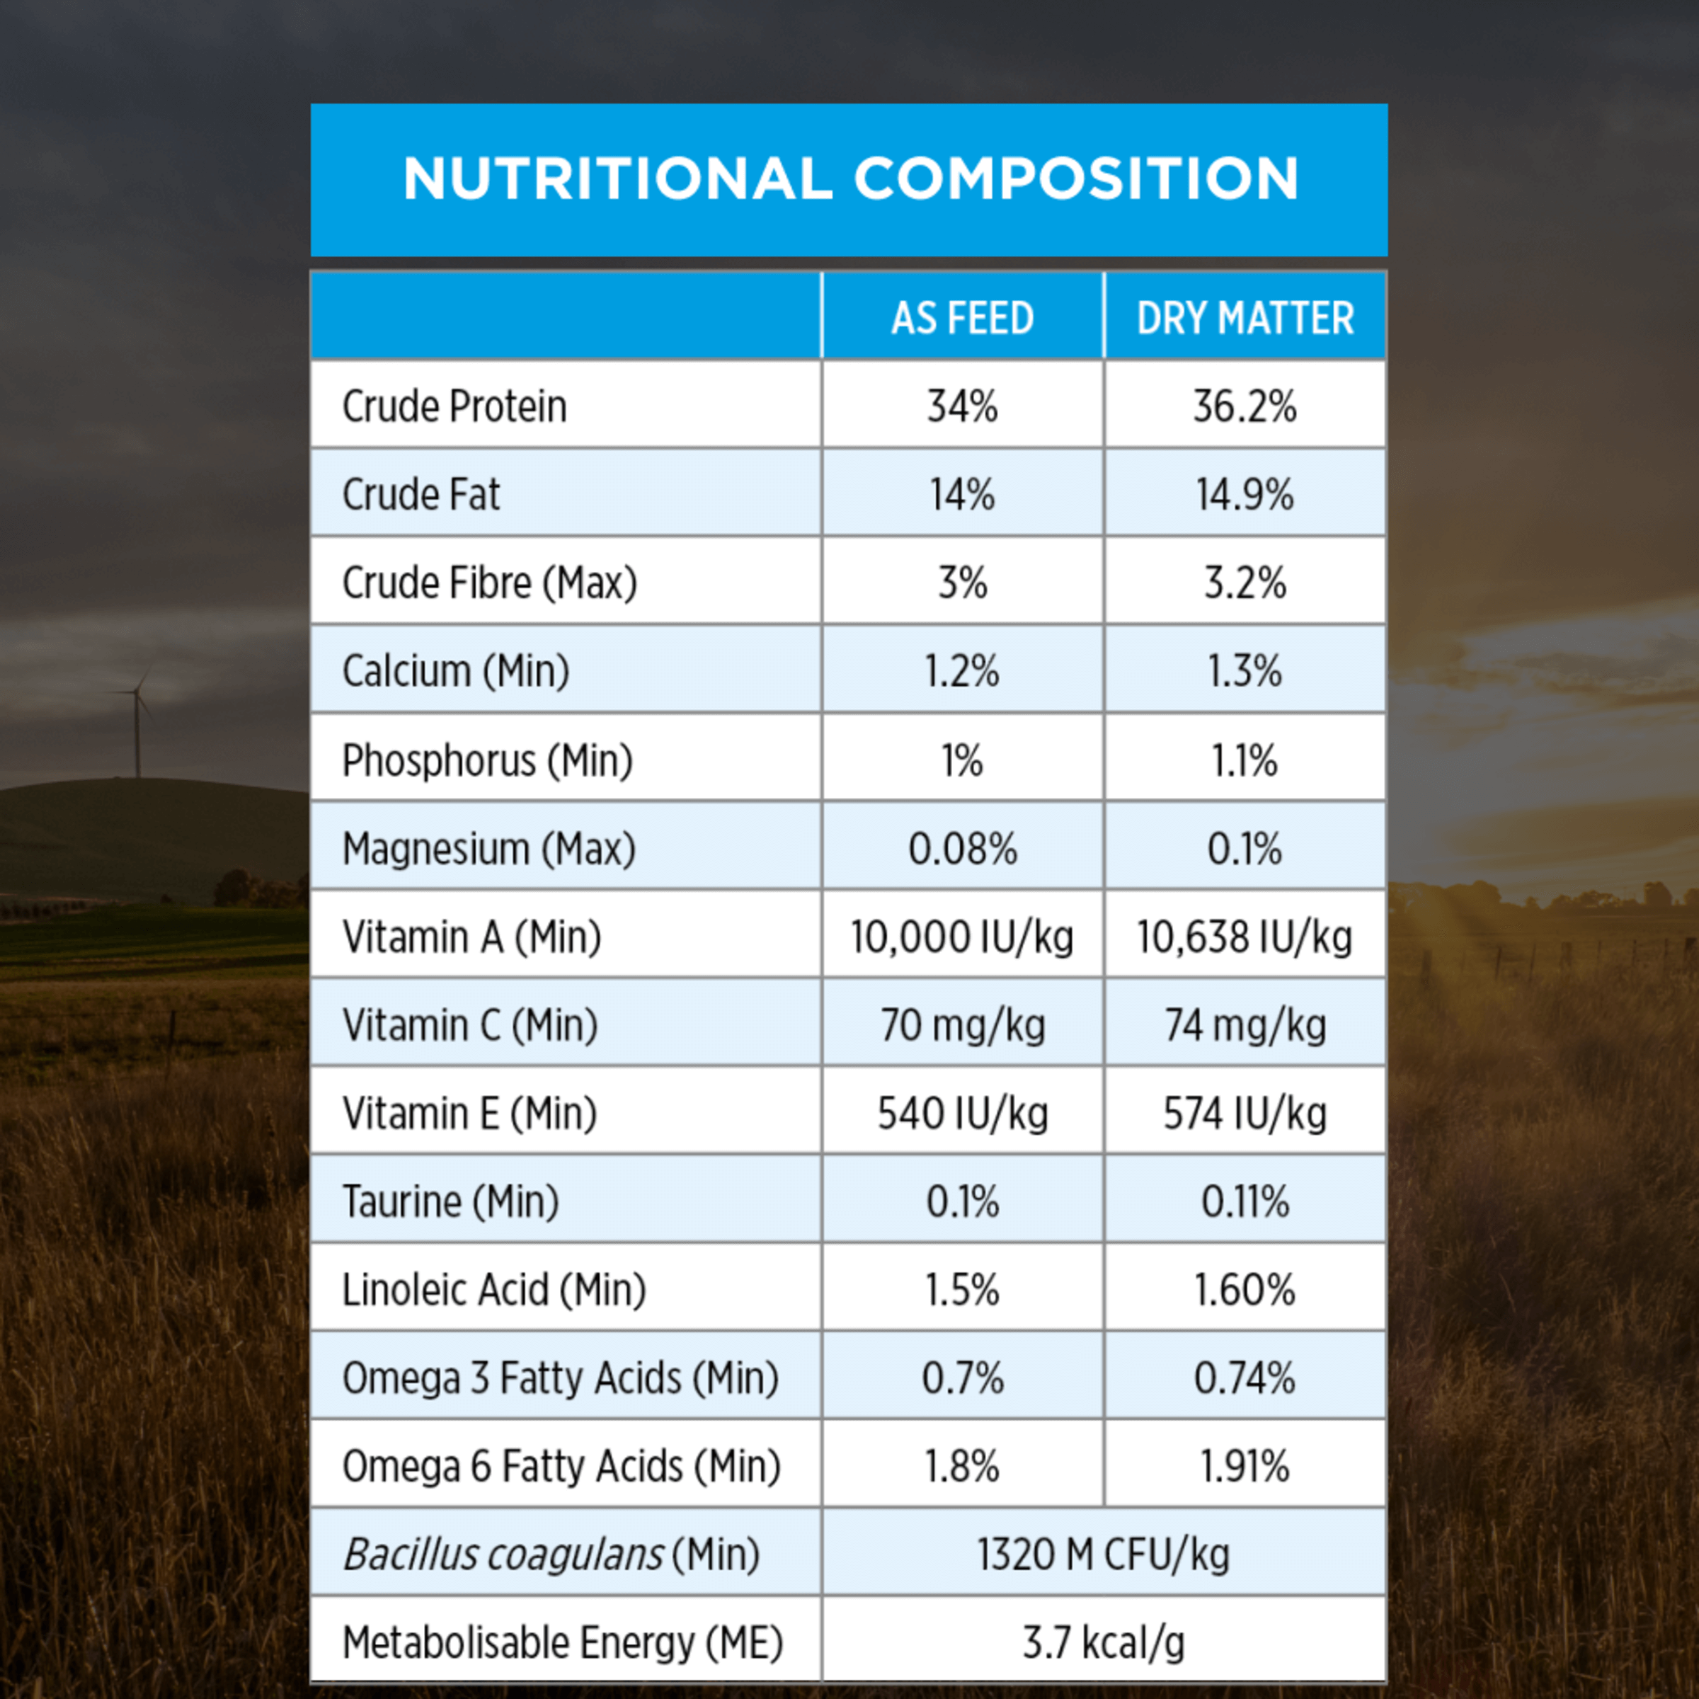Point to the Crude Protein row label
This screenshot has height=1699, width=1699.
point(454,406)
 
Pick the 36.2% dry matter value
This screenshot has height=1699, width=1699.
point(1245,406)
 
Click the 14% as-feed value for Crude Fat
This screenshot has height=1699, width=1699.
point(962,494)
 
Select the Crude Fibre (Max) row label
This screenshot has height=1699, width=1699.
point(489,582)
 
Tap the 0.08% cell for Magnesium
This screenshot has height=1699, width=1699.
point(962,849)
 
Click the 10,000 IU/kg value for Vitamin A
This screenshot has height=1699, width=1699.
point(962,937)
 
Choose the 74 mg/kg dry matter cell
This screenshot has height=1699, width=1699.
point(1245,1025)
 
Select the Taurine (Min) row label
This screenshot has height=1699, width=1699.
point(450,1201)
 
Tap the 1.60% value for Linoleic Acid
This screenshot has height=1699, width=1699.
point(1245,1290)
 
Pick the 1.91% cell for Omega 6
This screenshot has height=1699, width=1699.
point(1245,1466)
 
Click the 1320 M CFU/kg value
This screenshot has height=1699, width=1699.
point(1103,1555)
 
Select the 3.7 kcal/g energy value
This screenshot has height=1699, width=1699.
point(1103,1642)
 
